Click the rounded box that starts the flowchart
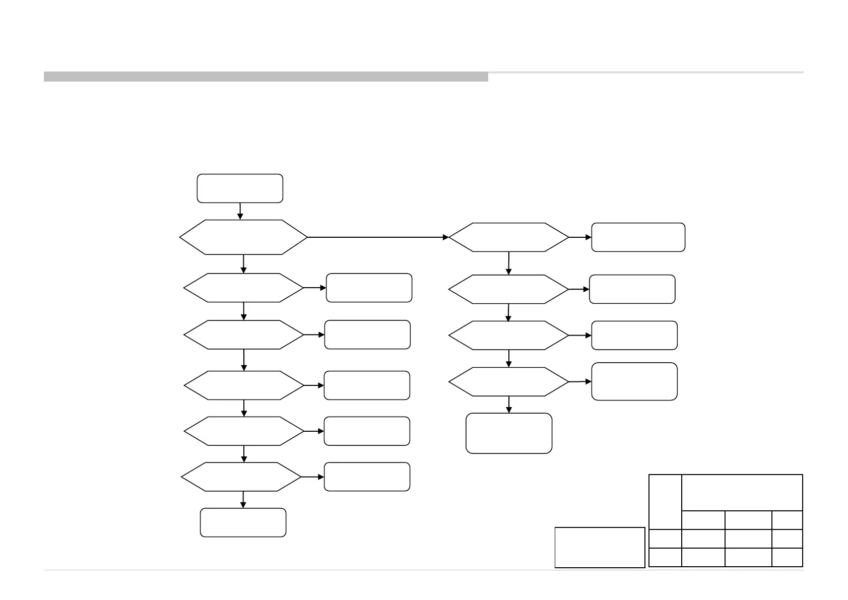pyautogui.click(x=240, y=188)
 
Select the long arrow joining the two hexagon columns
pyautogui.click(x=378, y=237)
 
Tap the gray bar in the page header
pyautogui.click(x=266, y=77)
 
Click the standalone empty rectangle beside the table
pyautogui.click(x=600, y=547)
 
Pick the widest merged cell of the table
pyautogui.click(x=742, y=492)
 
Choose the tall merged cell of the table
pyautogui.click(x=665, y=502)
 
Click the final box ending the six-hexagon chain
pyautogui.click(x=243, y=522)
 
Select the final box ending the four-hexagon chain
pyautogui.click(x=509, y=433)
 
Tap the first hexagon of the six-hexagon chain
pyautogui.click(x=243, y=237)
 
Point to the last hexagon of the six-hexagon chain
pyautogui.click(x=241, y=477)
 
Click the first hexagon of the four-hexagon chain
pyautogui.click(x=509, y=237)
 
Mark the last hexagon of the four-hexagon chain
pyautogui.click(x=509, y=382)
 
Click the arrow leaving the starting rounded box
pyautogui.click(x=240, y=211)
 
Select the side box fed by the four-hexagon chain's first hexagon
pyautogui.click(x=638, y=237)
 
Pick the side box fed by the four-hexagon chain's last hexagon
pyautogui.click(x=634, y=381)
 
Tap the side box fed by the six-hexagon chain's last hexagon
pyautogui.click(x=367, y=477)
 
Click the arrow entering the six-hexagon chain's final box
pyautogui.click(x=243, y=500)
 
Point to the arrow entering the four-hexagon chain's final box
pyautogui.click(x=509, y=405)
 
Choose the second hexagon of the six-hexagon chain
pyautogui.click(x=244, y=288)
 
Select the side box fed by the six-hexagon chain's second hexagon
pyautogui.click(x=369, y=288)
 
